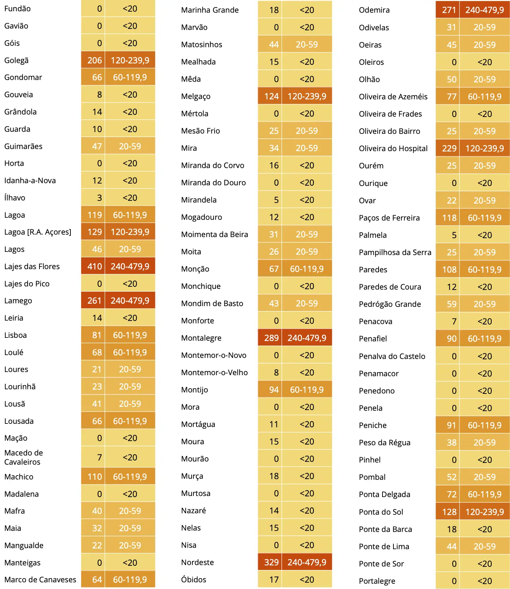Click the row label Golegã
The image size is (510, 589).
pos(16,61)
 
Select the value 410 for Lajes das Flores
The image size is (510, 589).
pos(95,266)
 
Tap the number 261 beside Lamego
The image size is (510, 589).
pos(95,300)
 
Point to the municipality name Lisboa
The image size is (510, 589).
pos(15,335)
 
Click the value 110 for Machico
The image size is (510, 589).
pos(95,477)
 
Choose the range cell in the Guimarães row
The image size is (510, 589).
pos(130,146)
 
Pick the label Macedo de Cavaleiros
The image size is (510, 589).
pos(24,457)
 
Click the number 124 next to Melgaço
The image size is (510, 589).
pos(272,96)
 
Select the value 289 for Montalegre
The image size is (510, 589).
pos(272,338)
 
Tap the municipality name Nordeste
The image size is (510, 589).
pos(197,562)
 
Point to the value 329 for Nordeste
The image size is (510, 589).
pos(272,562)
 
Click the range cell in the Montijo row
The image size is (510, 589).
pos(307,390)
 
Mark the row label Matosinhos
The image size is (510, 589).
pos(201,44)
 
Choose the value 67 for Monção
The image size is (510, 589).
pos(274,269)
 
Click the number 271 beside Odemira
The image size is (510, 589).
pos(449,10)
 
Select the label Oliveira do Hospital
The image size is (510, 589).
pos(393,149)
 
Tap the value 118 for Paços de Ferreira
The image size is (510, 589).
pos(449,218)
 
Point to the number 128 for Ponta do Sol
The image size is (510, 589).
pos(449,512)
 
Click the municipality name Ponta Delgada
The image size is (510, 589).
pos(385,495)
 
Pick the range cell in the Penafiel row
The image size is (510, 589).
pos(485,339)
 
